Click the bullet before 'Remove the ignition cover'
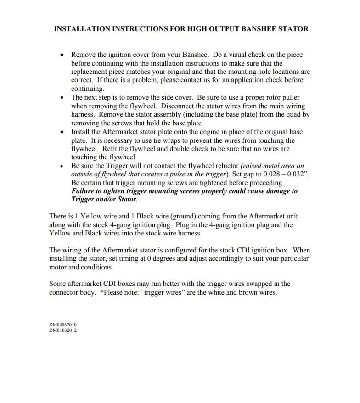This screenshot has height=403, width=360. point(62,55)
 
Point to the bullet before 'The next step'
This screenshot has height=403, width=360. point(62,98)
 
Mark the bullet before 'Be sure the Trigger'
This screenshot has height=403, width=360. point(62,166)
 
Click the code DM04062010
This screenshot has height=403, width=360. point(63,325)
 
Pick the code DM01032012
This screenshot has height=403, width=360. point(63,330)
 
